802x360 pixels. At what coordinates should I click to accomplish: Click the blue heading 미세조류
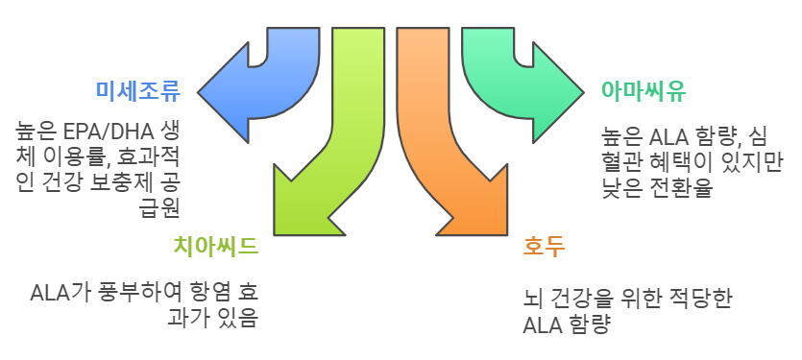pos(137,90)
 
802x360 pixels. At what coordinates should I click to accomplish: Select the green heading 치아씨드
pos(216,247)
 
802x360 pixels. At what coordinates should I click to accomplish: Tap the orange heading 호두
pos(544,247)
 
